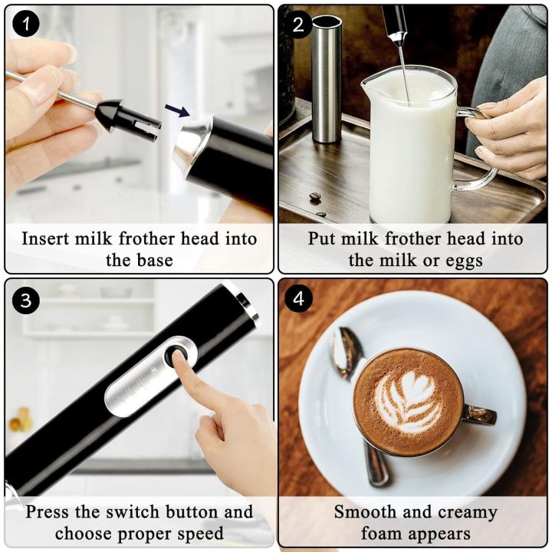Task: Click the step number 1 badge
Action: pyautogui.click(x=26, y=25)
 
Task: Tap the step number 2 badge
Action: pyautogui.click(x=298, y=25)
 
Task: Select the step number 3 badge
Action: pyautogui.click(x=26, y=299)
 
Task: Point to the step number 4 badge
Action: pyautogui.click(x=298, y=299)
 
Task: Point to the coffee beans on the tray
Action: pyautogui.click(x=316, y=201)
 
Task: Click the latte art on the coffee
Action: pyautogui.click(x=406, y=399)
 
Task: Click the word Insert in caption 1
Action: pyautogui.click(x=48, y=238)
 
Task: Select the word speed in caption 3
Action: pyautogui.click(x=198, y=533)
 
